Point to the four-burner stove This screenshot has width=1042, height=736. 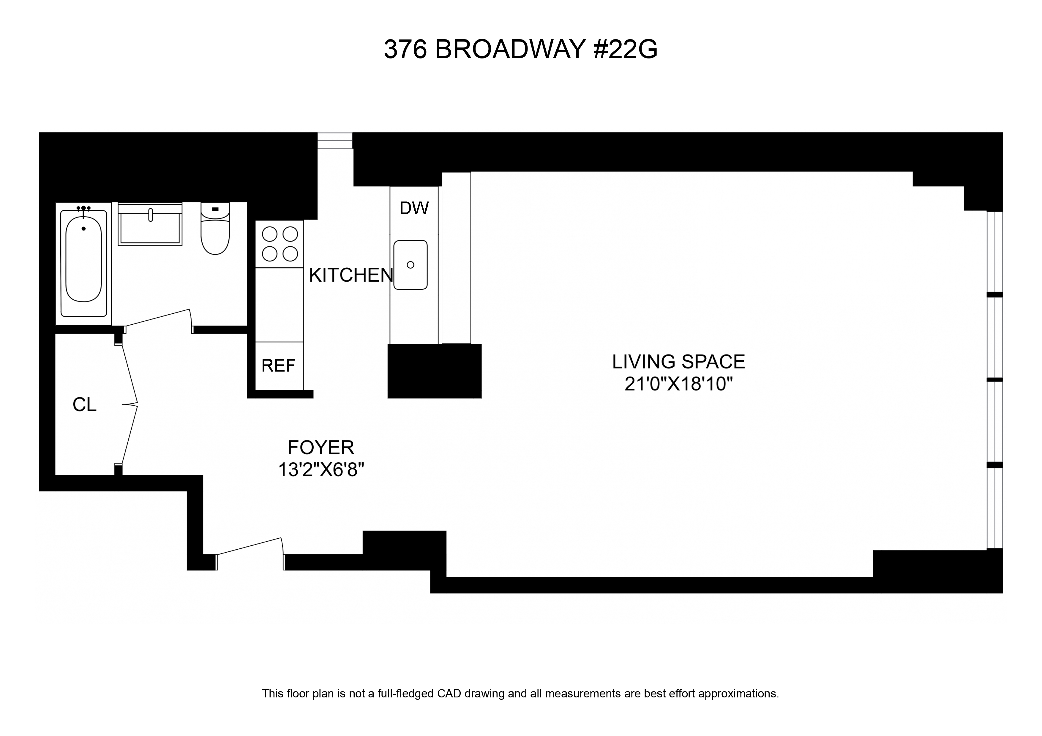280,244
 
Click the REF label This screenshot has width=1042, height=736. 278,366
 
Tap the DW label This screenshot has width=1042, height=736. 414,208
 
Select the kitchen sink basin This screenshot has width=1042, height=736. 410,265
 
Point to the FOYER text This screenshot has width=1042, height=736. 321,448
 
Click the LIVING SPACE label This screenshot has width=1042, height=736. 678,362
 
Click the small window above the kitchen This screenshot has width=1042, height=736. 334,141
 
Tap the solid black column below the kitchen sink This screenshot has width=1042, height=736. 434,371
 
